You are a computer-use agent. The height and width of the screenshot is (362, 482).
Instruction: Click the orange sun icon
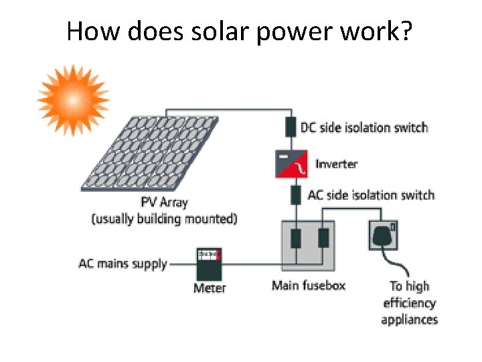point(72,99)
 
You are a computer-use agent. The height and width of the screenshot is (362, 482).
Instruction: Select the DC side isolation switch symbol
point(291,127)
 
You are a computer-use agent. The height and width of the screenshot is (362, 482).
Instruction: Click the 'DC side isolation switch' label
point(364,127)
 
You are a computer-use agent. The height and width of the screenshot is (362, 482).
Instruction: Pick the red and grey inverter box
point(291,164)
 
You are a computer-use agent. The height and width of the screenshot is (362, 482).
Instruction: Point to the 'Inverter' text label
point(336,164)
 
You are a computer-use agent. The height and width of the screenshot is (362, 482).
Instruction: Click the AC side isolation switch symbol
point(295,195)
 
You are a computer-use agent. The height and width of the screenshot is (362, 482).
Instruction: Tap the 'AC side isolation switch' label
point(370,196)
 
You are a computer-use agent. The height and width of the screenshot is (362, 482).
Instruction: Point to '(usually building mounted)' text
point(164,219)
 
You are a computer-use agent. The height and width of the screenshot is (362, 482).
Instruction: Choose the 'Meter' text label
point(210,288)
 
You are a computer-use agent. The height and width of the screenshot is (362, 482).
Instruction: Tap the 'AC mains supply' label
point(123,263)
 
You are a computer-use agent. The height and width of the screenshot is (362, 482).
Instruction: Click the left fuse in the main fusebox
point(295,239)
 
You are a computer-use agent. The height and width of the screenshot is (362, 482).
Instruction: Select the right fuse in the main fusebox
point(323,239)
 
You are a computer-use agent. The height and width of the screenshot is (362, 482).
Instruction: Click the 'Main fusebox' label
point(309,286)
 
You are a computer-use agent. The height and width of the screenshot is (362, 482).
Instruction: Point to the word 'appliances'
point(409,320)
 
